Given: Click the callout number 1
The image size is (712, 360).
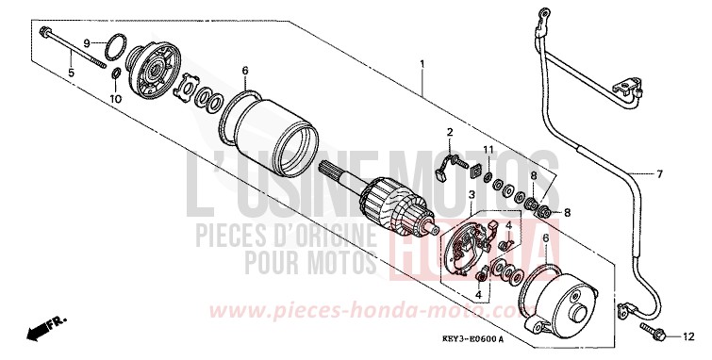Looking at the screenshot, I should (422, 65).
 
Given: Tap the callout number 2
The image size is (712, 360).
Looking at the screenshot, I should (451, 131).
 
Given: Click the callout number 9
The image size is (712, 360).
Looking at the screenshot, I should (86, 43).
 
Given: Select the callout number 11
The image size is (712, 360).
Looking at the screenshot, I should (488, 151).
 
